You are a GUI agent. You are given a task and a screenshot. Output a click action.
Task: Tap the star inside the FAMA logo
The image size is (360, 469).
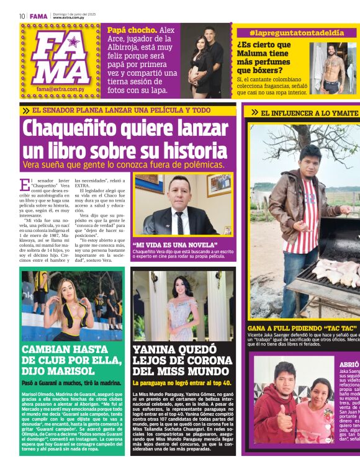click(x=73, y=42)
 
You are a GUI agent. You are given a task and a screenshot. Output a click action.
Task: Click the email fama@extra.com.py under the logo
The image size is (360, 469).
click(x=59, y=89)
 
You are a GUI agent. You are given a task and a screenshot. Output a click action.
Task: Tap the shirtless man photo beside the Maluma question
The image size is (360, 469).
click(x=334, y=68)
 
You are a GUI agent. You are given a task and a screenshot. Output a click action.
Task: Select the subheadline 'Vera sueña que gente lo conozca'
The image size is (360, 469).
click(x=90, y=164)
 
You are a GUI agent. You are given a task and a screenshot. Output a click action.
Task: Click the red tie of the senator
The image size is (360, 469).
click(x=179, y=220)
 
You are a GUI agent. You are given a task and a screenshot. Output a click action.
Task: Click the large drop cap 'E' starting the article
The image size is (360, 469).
click(x=25, y=185)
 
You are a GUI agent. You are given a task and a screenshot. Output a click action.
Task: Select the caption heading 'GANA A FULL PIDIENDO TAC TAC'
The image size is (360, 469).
click(x=302, y=327)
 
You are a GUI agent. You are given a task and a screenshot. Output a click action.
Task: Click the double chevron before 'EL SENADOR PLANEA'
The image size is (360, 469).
click(x=26, y=110)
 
